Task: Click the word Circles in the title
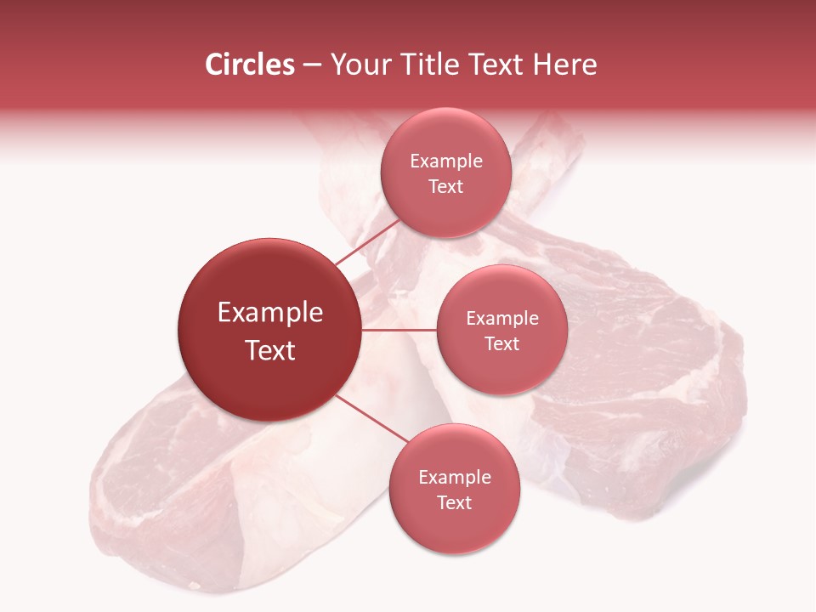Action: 249,65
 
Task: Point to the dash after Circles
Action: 312,65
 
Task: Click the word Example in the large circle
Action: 270,313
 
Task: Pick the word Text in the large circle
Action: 270,350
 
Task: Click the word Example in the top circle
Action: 446,161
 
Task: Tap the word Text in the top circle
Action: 446,186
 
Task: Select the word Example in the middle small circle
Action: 502,319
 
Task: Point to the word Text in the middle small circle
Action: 502,343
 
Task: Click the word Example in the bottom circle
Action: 455,478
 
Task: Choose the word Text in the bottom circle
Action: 455,502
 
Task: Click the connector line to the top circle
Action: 367,242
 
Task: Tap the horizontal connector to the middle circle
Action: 399,330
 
